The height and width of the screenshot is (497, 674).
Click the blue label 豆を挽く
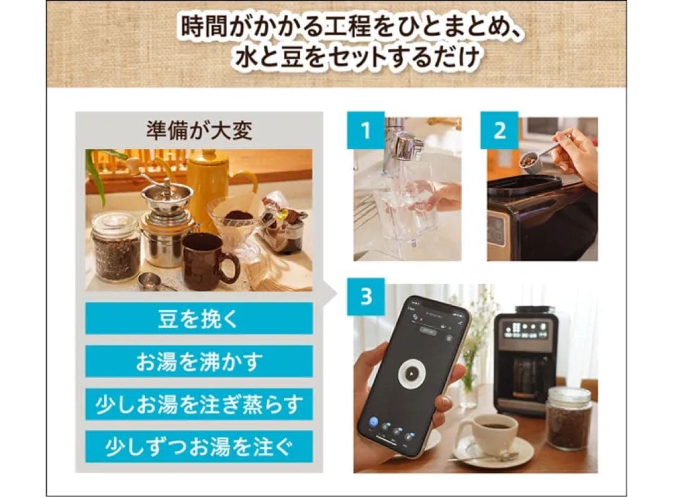point(198,318)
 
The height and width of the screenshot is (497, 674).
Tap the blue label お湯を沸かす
point(198,361)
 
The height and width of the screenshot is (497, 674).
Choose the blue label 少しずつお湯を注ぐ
point(198,446)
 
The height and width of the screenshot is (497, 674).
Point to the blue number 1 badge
point(366,130)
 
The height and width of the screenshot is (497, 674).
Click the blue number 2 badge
point(499,130)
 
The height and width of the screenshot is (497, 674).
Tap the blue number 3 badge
point(366,296)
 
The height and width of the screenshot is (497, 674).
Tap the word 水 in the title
point(246,59)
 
